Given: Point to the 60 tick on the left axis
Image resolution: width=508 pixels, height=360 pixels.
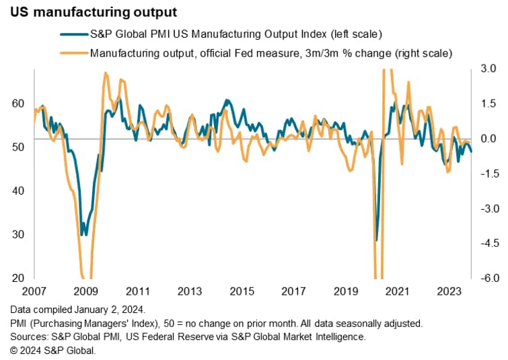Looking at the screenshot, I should pos(18,104).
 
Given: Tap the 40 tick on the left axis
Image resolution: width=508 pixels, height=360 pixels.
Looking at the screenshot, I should pos(18,191).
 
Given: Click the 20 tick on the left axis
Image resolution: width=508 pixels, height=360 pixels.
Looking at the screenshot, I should pos(18,278).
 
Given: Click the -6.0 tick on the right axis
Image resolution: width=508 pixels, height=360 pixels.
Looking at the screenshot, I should pos(486,278).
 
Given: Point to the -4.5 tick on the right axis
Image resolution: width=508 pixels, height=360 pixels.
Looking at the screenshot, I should pos(486,243).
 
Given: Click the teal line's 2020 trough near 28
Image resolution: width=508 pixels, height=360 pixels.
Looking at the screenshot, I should pos(376,240).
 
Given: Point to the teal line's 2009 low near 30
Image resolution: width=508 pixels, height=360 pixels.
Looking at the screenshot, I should pos(82,235).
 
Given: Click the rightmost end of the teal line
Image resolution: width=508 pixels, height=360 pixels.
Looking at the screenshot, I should pos(471,151).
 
